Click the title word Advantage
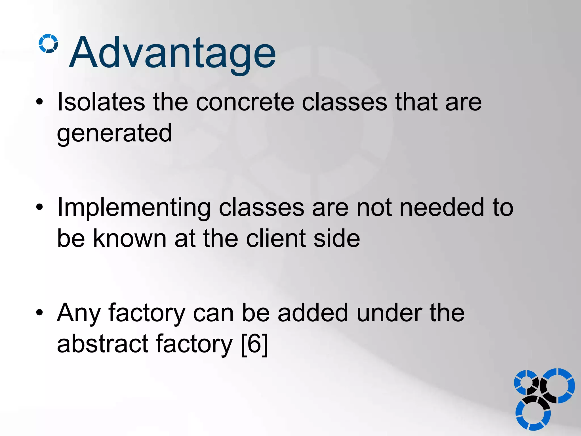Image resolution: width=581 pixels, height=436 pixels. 172,53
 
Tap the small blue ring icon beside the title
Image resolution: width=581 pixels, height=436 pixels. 48,43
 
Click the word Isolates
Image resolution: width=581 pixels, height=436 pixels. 101,102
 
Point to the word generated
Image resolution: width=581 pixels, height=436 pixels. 114,133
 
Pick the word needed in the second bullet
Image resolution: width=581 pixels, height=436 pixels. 442,207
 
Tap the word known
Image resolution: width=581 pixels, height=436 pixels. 130,238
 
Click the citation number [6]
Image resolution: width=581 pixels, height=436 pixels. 254,344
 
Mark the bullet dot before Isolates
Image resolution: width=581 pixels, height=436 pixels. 40,102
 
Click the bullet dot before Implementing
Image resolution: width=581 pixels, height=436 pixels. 40,207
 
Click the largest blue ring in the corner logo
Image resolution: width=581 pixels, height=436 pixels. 558,386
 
